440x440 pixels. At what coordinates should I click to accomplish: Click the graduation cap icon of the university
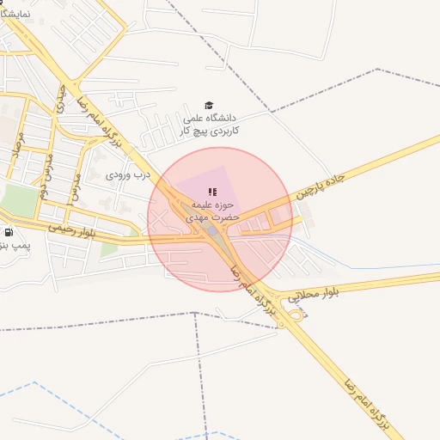coord(209,106)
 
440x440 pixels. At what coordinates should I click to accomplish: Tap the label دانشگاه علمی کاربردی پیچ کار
coord(211,125)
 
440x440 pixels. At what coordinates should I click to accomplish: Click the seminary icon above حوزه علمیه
coord(212,191)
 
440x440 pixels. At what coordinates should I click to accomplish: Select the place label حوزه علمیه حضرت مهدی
coord(211,212)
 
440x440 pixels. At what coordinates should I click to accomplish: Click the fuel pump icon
coord(9,232)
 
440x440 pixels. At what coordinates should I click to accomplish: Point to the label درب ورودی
coord(127,174)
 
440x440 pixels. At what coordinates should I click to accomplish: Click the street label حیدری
coord(61,100)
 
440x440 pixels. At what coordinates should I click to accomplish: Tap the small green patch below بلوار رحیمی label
coord(109,249)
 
